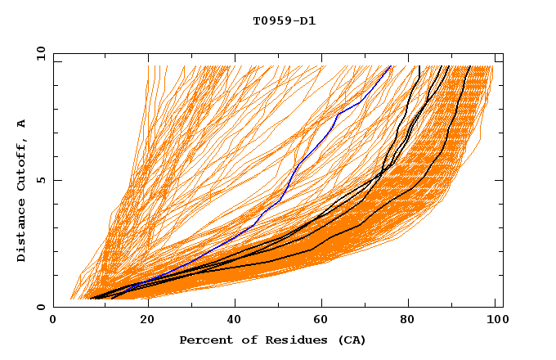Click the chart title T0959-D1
coord(285,20)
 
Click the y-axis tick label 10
coord(40,53)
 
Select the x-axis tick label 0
coord(53,320)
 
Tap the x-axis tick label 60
coord(323,320)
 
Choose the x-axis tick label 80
coord(413,320)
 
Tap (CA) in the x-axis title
coord(350,340)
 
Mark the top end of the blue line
coord(391,66)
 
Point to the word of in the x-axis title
coord(245,340)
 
